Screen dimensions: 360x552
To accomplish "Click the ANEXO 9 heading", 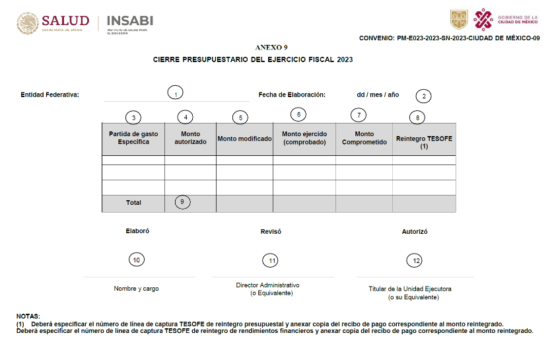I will [x=271, y=48].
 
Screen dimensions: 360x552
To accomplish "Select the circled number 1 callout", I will [x=175, y=94].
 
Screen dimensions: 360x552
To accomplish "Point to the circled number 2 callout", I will [x=424, y=96].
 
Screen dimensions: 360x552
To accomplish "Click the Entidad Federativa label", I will [x=50, y=94].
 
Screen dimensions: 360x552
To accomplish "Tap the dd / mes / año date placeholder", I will [x=378, y=94].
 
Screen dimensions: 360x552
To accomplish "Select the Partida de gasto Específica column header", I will [x=133, y=138].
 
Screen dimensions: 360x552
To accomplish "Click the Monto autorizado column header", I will [x=190, y=138].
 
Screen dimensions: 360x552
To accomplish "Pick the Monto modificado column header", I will [x=245, y=139].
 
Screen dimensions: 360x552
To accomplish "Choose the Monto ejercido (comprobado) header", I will [x=304, y=138].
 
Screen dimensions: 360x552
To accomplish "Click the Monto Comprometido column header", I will [x=364, y=138].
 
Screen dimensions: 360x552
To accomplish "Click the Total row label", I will [x=133, y=203].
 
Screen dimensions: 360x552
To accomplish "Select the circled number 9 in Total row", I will [x=183, y=202].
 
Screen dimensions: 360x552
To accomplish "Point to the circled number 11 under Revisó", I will [x=271, y=261].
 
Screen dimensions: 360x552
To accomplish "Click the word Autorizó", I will [x=415, y=232].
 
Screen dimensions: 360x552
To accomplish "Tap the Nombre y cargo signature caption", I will [x=136, y=289].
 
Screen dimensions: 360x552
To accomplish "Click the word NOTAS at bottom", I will [x=28, y=316].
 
